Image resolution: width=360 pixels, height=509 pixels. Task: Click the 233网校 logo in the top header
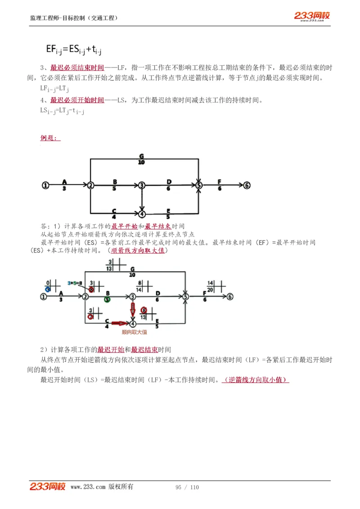click(x=312, y=16)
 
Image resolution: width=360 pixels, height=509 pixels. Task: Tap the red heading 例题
click(x=49, y=138)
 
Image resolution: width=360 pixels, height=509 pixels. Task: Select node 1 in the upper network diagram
click(x=45, y=185)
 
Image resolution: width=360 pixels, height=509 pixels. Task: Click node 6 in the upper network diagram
click(x=247, y=185)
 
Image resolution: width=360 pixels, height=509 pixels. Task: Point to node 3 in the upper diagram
click(x=142, y=185)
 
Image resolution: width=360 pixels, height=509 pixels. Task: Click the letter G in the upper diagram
click(x=141, y=156)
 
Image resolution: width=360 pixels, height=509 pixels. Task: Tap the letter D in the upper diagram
click(x=169, y=182)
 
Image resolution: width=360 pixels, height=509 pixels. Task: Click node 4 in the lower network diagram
click(x=133, y=323)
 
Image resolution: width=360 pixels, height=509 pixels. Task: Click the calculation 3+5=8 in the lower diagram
click(x=75, y=283)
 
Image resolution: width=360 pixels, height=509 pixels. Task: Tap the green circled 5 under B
click(x=107, y=299)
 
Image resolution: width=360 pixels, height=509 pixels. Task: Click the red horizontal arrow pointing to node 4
click(x=120, y=323)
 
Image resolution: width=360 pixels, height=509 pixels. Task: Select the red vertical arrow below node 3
click(x=133, y=309)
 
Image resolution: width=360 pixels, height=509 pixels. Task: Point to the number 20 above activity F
click(x=210, y=290)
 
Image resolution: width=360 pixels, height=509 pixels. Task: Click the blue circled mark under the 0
click(x=48, y=290)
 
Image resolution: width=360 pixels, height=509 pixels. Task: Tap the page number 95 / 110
click(x=187, y=487)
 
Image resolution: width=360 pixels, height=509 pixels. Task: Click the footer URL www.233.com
click(x=88, y=487)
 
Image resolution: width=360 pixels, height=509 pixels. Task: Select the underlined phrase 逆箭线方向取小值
click(x=256, y=380)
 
